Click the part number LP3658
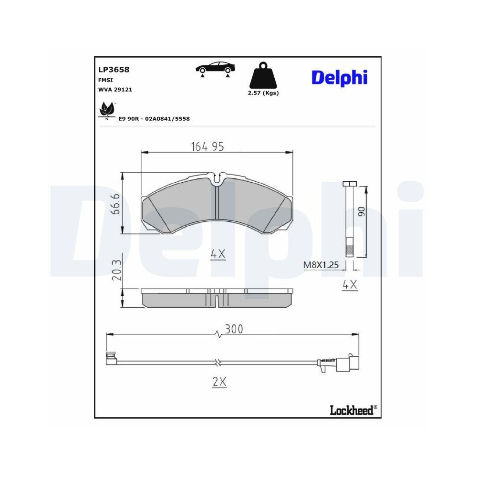[114, 69]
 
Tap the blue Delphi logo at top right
[339, 77]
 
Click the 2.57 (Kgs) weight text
[263, 93]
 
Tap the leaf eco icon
[107, 110]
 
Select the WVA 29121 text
[115, 89]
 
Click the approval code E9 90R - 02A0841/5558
[154, 119]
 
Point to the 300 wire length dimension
[234, 329]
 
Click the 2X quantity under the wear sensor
[219, 382]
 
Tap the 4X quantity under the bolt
[350, 285]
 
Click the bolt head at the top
[350, 184]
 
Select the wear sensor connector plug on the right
[348, 363]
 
